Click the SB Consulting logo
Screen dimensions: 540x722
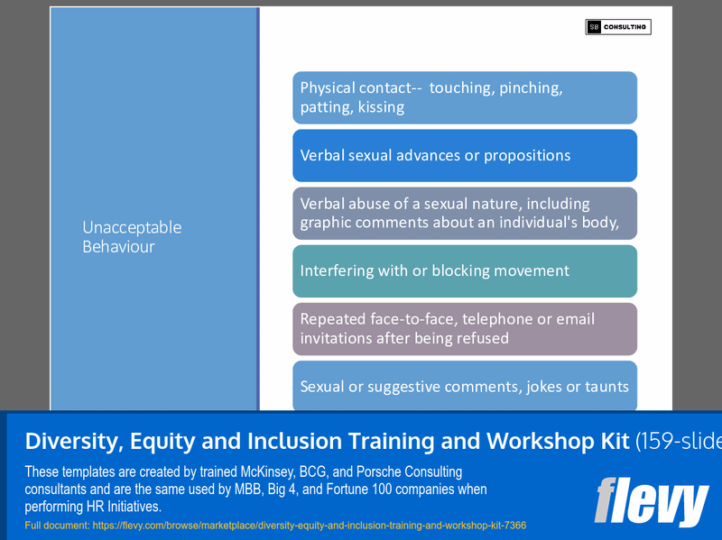click(x=617, y=27)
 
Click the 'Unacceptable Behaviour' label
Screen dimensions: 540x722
click(x=132, y=236)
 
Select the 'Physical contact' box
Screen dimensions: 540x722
click(x=465, y=97)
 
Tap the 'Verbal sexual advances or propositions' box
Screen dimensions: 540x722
click(x=465, y=155)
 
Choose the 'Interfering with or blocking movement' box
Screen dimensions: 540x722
click(x=465, y=270)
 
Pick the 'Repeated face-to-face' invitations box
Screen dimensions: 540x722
click(x=465, y=328)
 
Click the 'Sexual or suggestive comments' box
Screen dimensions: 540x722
click(x=465, y=386)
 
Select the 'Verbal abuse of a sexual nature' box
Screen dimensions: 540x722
click(x=465, y=213)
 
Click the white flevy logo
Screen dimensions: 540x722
click(x=651, y=500)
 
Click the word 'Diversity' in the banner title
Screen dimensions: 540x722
click(x=73, y=441)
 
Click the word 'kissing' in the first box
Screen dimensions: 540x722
click(x=381, y=107)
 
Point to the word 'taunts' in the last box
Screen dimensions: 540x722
click(x=606, y=387)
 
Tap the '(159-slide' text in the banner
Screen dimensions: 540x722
click(x=678, y=441)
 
